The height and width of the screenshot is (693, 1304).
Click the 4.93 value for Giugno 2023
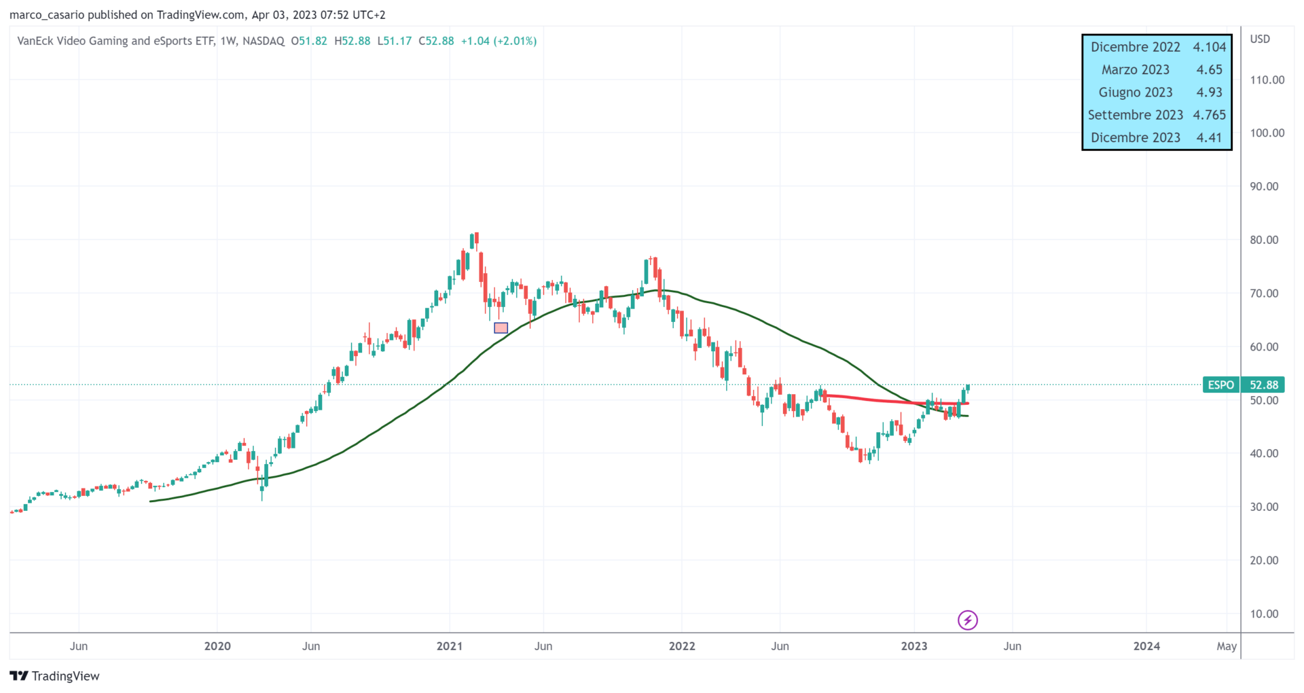tap(1209, 92)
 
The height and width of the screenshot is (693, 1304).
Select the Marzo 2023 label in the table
tap(1135, 70)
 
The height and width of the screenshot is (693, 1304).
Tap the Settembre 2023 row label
tap(1135, 115)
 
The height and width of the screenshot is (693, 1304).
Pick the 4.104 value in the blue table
tap(1209, 47)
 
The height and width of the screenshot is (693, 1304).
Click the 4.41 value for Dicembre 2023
tap(1209, 138)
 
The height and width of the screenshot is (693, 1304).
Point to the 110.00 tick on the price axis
tap(1267, 80)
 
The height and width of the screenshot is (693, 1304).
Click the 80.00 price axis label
tap(1264, 240)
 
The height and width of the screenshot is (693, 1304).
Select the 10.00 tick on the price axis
tap(1264, 614)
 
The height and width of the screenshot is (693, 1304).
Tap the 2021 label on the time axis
tap(450, 646)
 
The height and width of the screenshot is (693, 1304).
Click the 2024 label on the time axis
tap(1146, 646)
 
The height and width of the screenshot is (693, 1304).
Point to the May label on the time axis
tap(1226, 646)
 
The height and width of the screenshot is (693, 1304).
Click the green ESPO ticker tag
tap(1220, 385)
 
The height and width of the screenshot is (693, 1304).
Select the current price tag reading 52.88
tap(1263, 385)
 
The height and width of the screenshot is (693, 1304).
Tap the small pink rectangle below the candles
tap(501, 328)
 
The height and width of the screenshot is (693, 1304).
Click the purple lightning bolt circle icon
tap(967, 620)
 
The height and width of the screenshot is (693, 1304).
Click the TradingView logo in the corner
tap(54, 676)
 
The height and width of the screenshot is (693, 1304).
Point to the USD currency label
tap(1260, 39)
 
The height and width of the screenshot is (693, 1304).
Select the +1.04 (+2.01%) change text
tap(499, 41)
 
